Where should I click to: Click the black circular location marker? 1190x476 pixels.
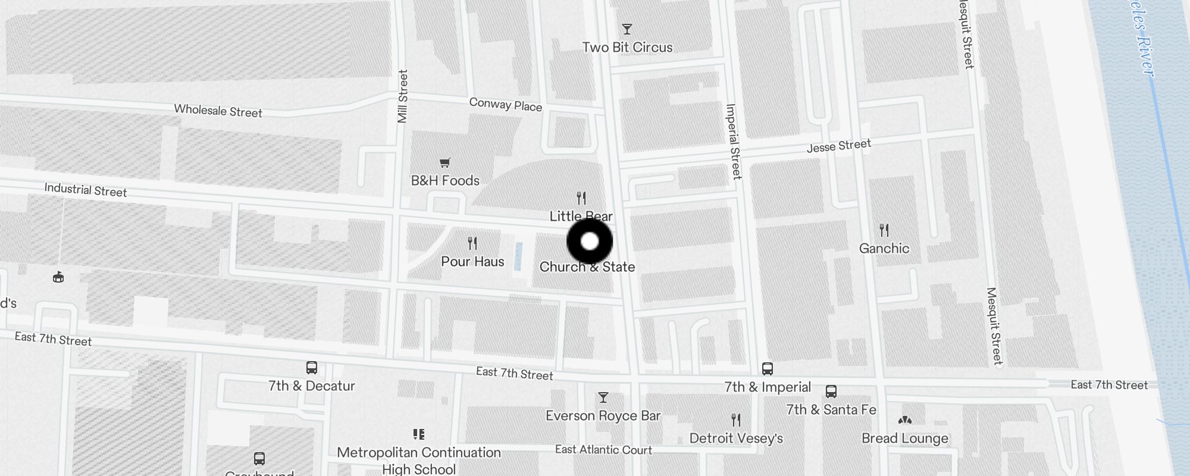pyautogui.click(x=590, y=242)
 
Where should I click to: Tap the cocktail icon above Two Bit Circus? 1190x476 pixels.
pyautogui.click(x=627, y=29)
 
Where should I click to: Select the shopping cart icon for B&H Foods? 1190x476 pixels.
pyautogui.click(x=444, y=162)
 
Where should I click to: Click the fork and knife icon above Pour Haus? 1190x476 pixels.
pyautogui.click(x=472, y=243)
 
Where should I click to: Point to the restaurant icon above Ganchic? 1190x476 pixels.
pyautogui.click(x=884, y=230)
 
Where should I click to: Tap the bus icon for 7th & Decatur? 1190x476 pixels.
pyautogui.click(x=311, y=368)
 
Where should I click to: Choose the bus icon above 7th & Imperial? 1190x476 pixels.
pyautogui.click(x=768, y=369)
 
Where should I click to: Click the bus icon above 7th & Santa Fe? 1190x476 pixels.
pyautogui.click(x=831, y=392)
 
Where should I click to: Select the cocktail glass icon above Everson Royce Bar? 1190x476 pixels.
pyautogui.click(x=603, y=397)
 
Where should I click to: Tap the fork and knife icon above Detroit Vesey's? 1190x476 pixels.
pyautogui.click(x=736, y=420)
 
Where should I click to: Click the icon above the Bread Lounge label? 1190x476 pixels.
pyautogui.click(x=905, y=420)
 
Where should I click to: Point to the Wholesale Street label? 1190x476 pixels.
pyautogui.click(x=218, y=111)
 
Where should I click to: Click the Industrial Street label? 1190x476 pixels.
pyautogui.click(x=86, y=190)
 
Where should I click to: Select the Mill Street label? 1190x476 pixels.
pyautogui.click(x=403, y=96)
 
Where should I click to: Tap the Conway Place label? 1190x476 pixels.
pyautogui.click(x=506, y=105)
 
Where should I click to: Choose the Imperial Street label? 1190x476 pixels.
pyautogui.click(x=734, y=142)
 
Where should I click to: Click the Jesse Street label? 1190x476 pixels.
pyautogui.click(x=839, y=146)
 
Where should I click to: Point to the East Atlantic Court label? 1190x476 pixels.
pyautogui.click(x=603, y=450)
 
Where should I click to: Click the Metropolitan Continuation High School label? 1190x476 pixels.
pyautogui.click(x=419, y=461)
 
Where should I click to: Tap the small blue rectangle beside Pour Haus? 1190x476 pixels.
pyautogui.click(x=518, y=257)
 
